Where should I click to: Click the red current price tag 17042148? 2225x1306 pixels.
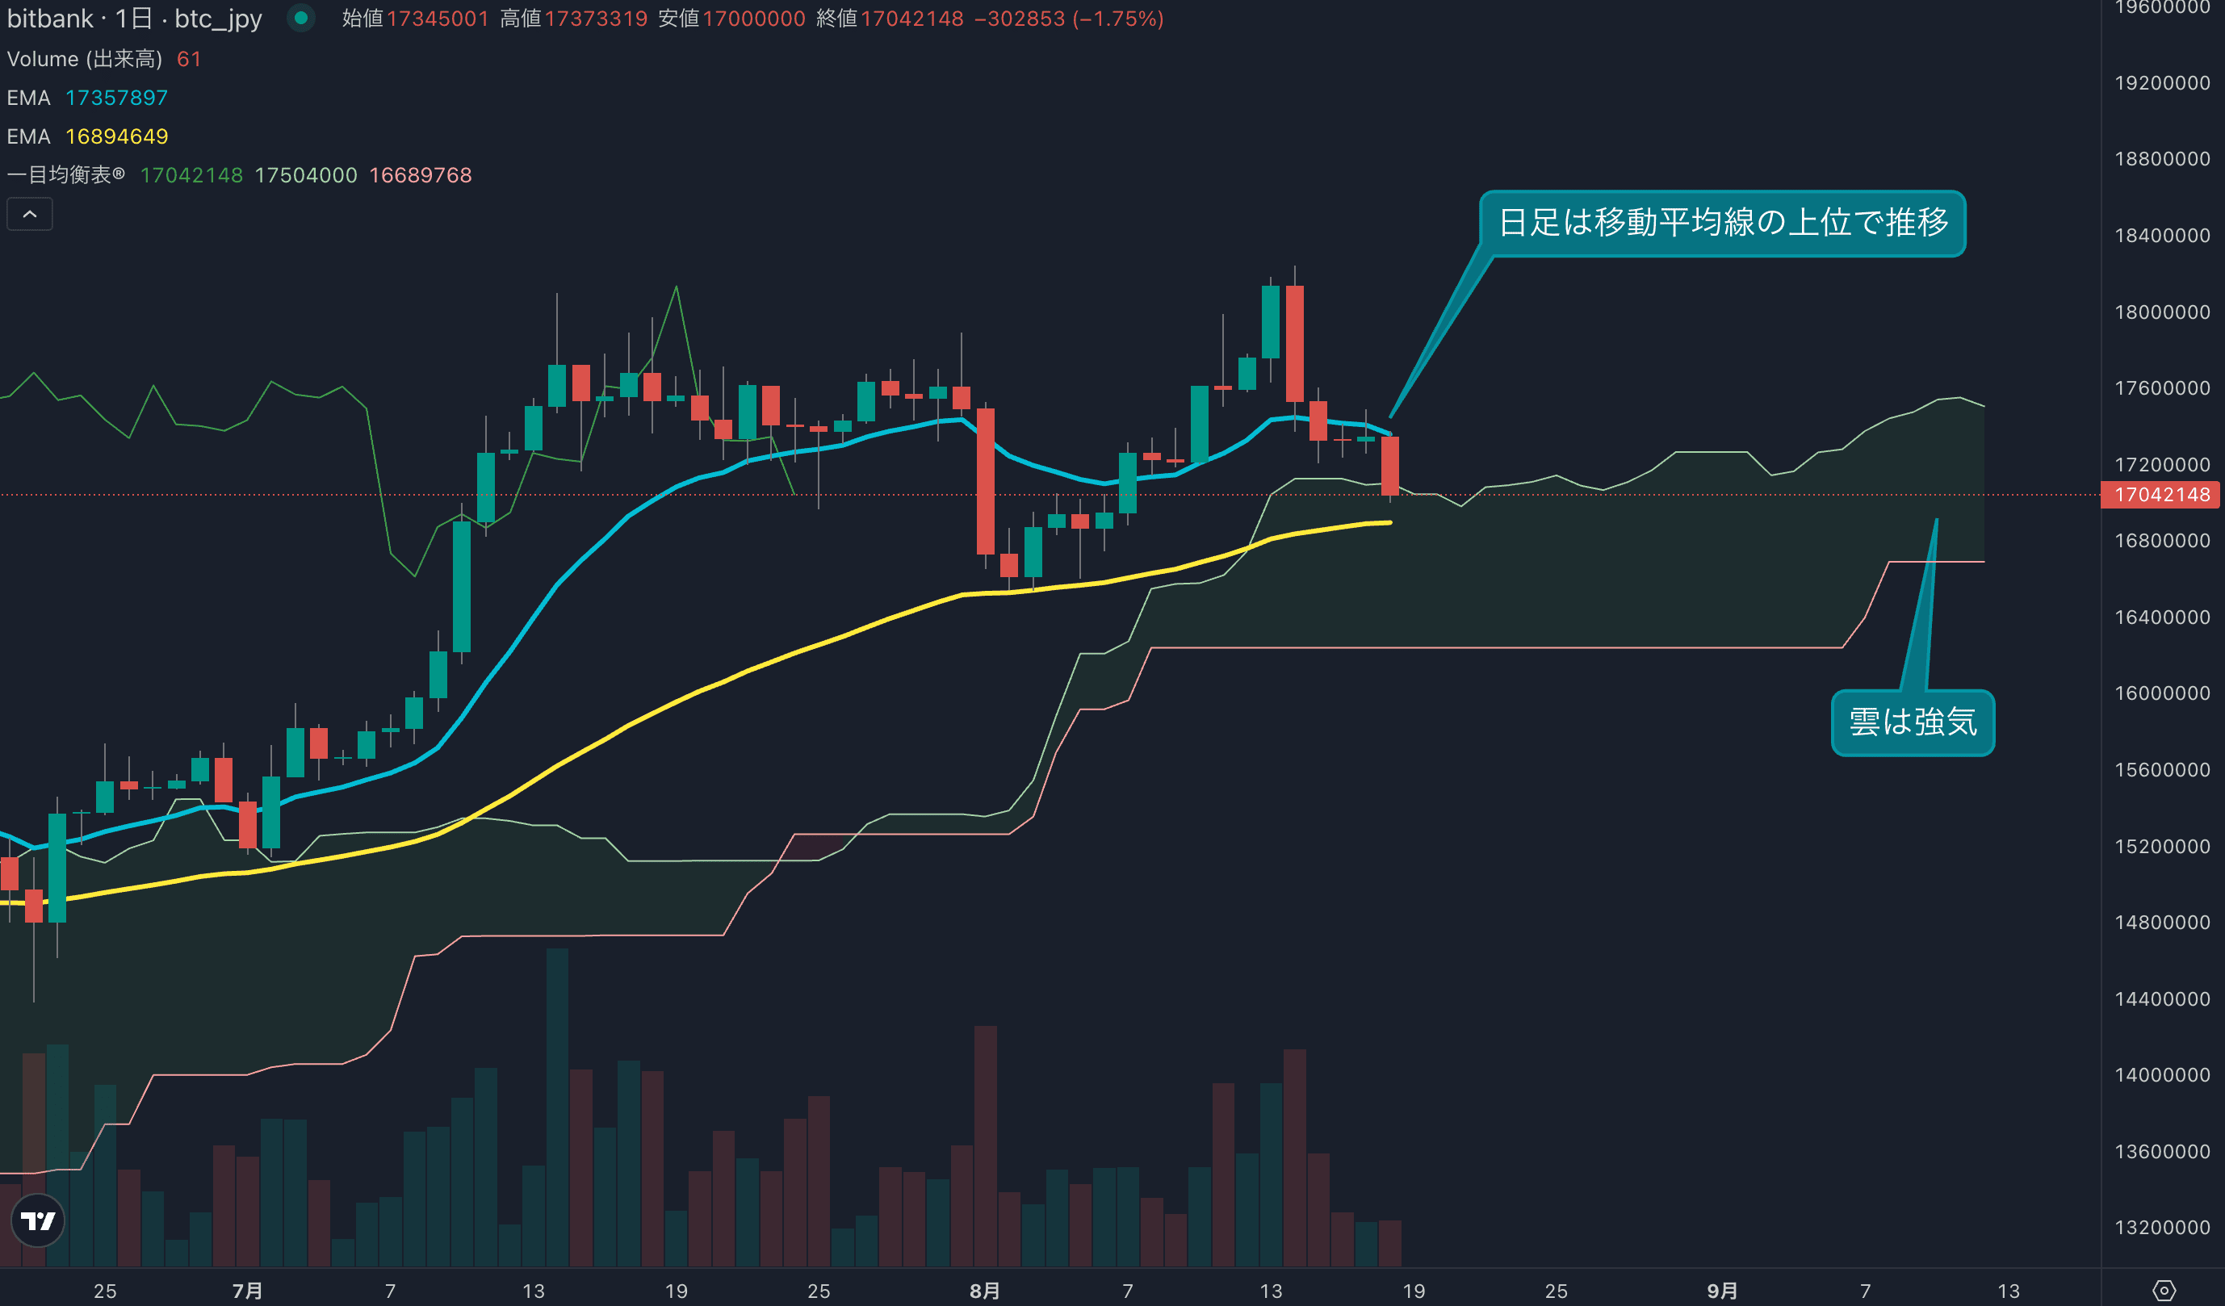pyautogui.click(x=2160, y=495)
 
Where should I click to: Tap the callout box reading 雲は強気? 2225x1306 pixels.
pyautogui.click(x=1913, y=722)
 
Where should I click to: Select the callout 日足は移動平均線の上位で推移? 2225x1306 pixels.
pyautogui.click(x=1722, y=223)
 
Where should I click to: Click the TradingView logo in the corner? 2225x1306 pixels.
pyautogui.click(x=38, y=1220)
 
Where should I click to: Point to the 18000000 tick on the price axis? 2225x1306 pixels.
pyautogui.click(x=2161, y=312)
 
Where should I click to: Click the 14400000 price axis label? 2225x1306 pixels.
pyautogui.click(x=2161, y=998)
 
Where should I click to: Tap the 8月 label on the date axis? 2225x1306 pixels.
pyautogui.click(x=984, y=1291)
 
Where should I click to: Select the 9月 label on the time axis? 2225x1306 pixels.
pyautogui.click(x=1722, y=1291)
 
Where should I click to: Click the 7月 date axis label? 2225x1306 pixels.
pyautogui.click(x=247, y=1291)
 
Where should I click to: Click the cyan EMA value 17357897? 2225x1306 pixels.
pyautogui.click(x=116, y=98)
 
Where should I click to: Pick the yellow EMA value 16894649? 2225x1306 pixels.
pyautogui.click(x=116, y=137)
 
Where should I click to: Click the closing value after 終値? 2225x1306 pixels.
pyautogui.click(x=911, y=19)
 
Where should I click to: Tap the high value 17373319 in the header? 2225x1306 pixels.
pyautogui.click(x=596, y=19)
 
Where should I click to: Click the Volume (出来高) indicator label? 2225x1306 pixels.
pyautogui.click(x=85, y=59)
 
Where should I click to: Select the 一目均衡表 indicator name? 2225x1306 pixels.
pyautogui.click(x=65, y=175)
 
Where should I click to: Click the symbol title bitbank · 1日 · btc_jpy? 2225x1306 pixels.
pyautogui.click(x=134, y=19)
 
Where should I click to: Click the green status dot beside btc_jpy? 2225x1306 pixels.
pyautogui.click(x=301, y=18)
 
